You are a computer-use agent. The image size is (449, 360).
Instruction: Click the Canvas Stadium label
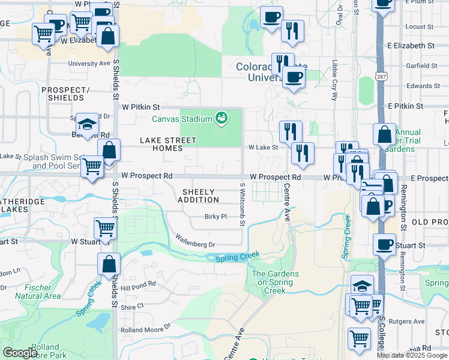[181, 119]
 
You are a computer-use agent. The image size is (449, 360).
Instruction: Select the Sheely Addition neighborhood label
[199, 196]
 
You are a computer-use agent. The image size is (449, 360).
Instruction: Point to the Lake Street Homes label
[168, 144]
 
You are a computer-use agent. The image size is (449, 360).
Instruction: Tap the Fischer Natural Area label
[37, 292]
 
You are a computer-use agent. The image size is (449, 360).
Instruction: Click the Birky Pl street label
[215, 217]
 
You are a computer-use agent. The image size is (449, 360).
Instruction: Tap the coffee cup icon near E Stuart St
[384, 244]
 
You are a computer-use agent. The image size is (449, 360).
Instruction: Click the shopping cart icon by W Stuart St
[105, 228]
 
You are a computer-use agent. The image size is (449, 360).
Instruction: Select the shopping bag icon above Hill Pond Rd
[109, 263]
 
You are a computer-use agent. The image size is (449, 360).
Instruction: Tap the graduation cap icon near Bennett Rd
[87, 124]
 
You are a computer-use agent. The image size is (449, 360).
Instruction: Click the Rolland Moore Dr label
[146, 329]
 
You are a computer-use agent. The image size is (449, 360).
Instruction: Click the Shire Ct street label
[133, 306]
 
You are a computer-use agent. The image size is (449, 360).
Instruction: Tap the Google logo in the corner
[20, 353]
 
